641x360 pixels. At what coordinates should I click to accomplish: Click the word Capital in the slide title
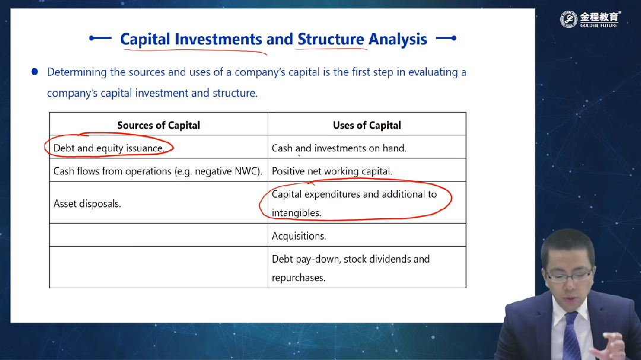pos(145,39)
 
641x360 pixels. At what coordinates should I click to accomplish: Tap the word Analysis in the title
pos(397,39)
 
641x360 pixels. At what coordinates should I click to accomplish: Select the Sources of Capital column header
pos(158,125)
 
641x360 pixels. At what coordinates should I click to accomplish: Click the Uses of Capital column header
pos(367,125)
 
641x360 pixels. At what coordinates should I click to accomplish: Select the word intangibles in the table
pos(296,213)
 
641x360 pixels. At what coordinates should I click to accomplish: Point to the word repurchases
pos(299,278)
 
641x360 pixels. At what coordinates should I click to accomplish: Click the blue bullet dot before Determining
pos(35,72)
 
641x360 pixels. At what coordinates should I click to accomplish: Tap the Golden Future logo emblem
pos(568,19)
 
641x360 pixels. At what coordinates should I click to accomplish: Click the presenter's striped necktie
pos(570,336)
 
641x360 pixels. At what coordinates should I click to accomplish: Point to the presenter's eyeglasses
pos(569,276)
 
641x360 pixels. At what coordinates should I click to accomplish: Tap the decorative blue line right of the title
pos(446,38)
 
